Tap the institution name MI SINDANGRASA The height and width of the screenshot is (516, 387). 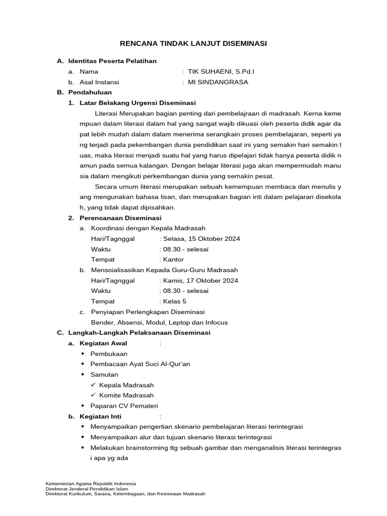tap(218, 82)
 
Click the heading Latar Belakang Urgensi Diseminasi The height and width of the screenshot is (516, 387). tap(138, 103)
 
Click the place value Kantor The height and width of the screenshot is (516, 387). tap(173, 260)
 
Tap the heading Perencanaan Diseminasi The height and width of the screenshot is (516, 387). tap(120, 218)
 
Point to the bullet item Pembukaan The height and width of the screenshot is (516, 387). tap(109, 354)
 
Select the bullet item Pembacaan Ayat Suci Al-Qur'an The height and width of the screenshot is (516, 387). tap(140, 364)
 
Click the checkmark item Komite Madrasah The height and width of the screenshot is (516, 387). tap(126, 396)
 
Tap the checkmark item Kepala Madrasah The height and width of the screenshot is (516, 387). tap(126, 385)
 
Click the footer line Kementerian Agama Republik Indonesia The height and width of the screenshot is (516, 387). tap(90, 483)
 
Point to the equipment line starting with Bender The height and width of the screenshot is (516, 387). tap(159, 322)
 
